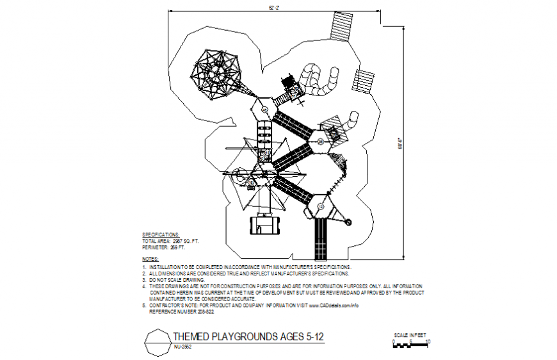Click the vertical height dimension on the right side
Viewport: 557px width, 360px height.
401,144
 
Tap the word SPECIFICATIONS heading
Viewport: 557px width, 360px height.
161,234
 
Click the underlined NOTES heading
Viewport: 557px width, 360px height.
150,259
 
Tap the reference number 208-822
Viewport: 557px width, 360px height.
200,312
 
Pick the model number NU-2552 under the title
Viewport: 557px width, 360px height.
184,347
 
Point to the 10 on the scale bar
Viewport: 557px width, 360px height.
428,341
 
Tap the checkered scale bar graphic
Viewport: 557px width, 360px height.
410,345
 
